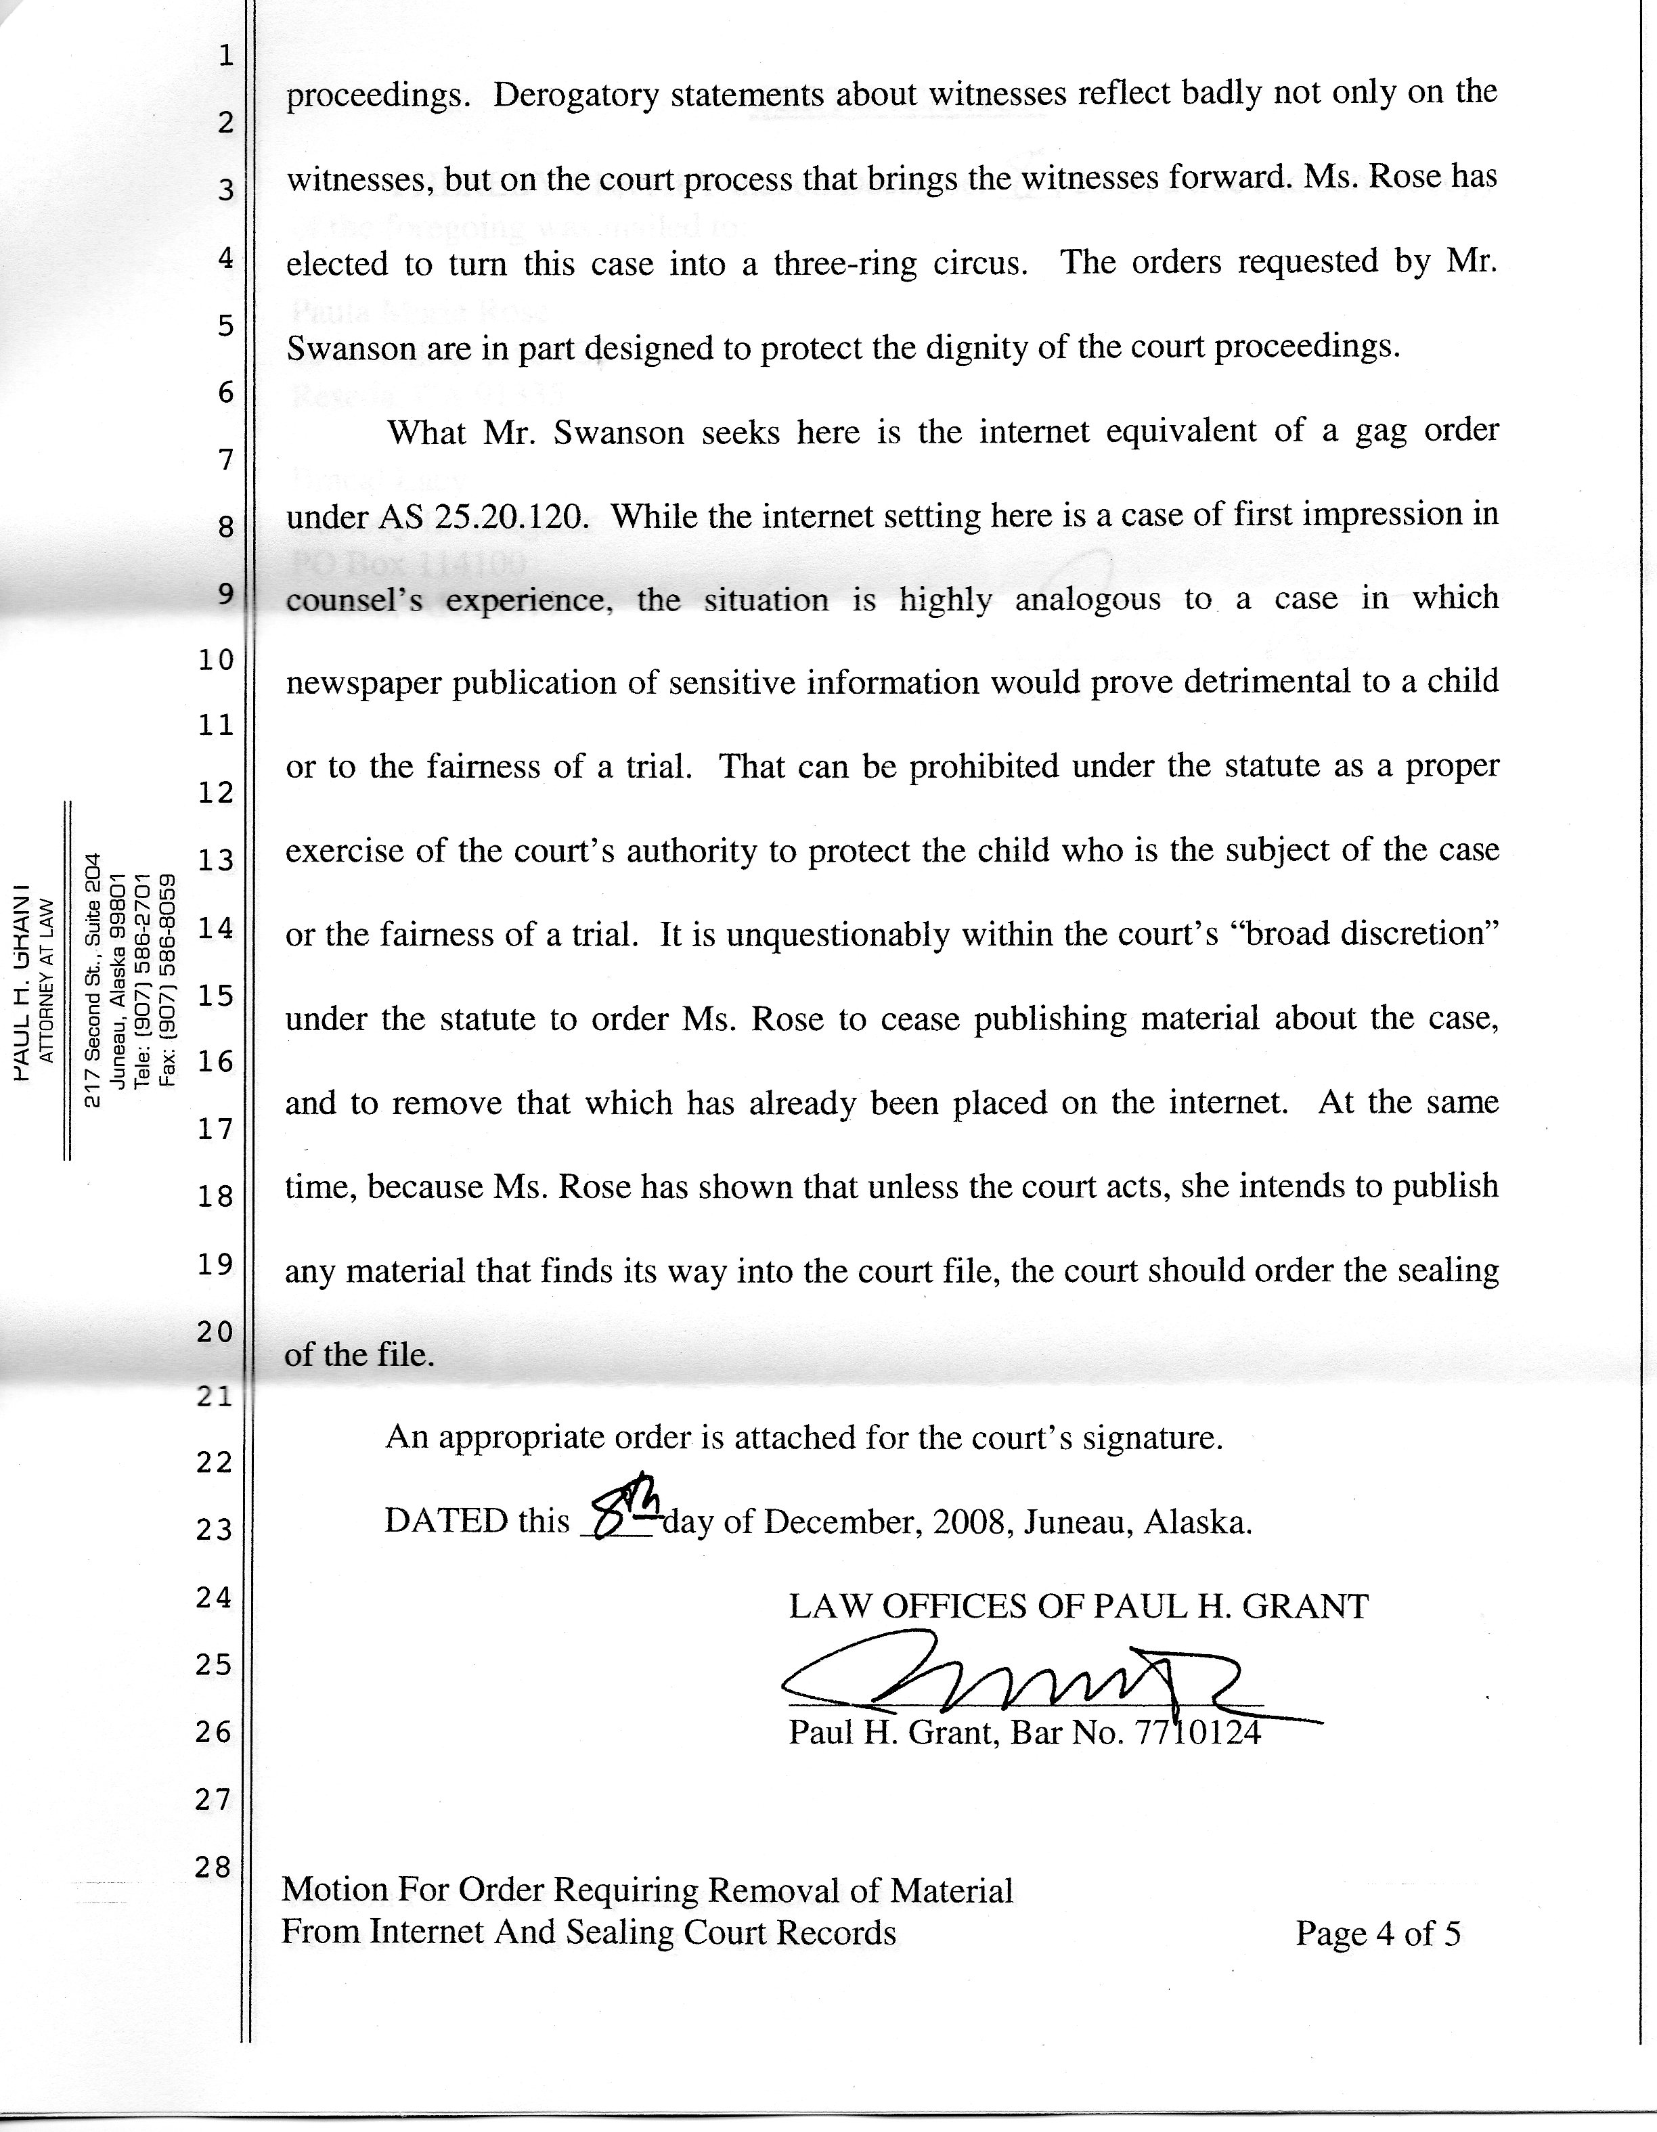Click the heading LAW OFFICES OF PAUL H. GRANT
click(1078, 1606)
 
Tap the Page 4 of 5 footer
click(1377, 1933)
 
